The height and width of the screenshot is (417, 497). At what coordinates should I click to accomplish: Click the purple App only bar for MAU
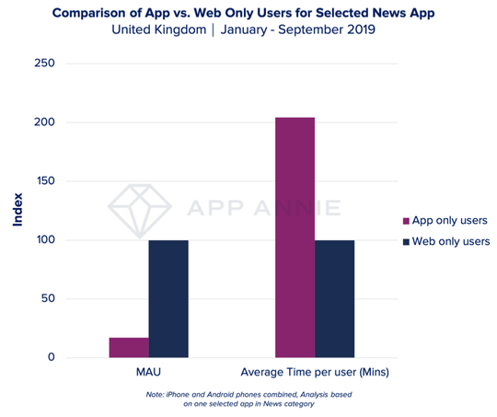point(129,348)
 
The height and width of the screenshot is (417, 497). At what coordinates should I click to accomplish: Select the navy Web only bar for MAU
point(168,298)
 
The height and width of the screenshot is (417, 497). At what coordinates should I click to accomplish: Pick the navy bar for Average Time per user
point(334,298)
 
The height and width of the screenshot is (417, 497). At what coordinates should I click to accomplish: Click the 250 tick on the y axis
point(43,64)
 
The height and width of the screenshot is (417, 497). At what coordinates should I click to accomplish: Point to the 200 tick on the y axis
point(43,122)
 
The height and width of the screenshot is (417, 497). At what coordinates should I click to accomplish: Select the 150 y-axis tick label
point(43,181)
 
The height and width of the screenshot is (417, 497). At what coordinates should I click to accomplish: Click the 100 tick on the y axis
point(43,240)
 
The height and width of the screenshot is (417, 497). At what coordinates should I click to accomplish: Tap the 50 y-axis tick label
point(47,299)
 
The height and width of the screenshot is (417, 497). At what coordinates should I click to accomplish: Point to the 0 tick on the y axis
point(51,358)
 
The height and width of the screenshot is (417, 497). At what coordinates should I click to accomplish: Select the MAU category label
point(149,373)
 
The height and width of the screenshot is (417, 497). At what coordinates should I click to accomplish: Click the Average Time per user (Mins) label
point(314,373)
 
